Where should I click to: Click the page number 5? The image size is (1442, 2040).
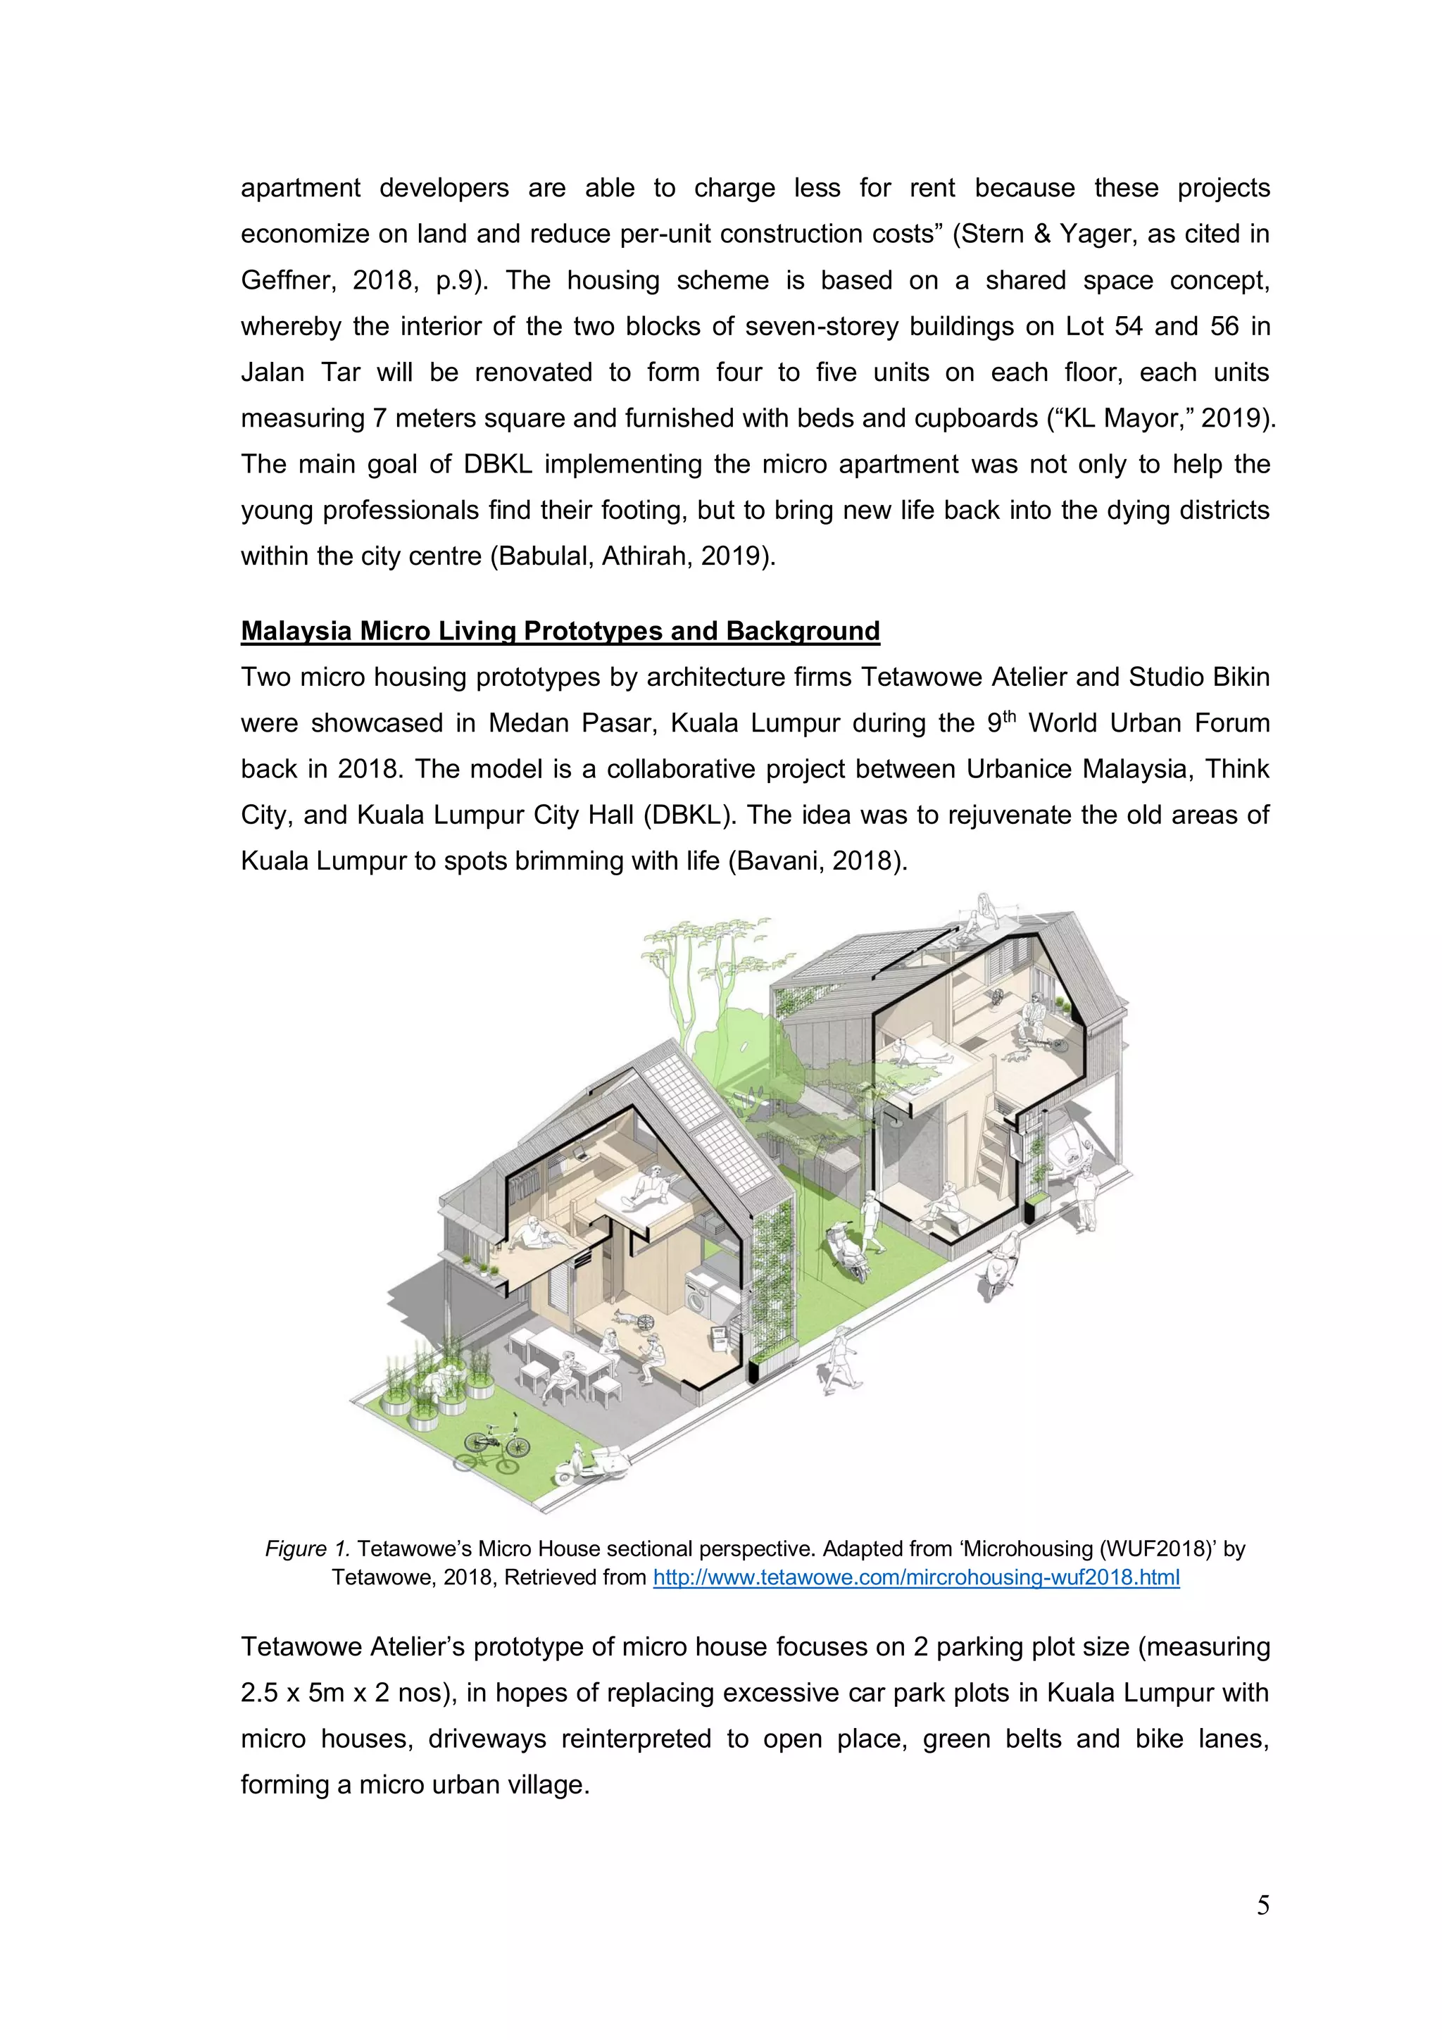coord(1262,1905)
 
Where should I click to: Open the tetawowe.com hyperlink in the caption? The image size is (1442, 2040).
coord(916,1577)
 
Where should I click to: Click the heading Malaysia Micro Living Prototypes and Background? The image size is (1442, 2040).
coord(560,631)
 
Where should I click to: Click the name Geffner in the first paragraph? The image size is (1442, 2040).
coord(288,281)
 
